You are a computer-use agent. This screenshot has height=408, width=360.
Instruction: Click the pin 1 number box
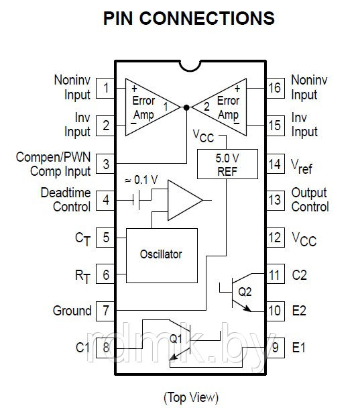coord(105,88)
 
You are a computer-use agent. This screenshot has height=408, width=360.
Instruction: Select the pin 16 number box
coord(276,88)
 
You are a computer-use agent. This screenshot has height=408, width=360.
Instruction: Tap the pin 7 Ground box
coord(105,311)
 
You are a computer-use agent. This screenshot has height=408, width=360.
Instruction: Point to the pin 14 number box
coord(276,164)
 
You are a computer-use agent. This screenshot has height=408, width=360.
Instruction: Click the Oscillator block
coord(162,256)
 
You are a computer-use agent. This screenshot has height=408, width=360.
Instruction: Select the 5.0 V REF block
coord(227,164)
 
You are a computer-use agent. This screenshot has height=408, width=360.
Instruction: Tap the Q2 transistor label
coord(245,292)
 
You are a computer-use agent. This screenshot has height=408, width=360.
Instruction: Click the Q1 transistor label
coord(176,338)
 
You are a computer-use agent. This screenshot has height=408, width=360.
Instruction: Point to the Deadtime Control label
coord(66,199)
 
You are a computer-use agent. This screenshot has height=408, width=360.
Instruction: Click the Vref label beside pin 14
coord(302,167)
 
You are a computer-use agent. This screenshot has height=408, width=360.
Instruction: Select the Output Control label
coord(310,199)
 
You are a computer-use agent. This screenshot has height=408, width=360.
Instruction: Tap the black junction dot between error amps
coord(186,107)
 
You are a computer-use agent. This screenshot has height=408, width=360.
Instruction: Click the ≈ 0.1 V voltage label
coord(141,180)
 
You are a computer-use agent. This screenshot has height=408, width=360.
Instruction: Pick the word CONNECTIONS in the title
coord(207,18)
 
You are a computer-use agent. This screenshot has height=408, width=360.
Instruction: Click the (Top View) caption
coord(191,397)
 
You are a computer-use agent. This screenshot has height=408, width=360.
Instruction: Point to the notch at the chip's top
coord(190,68)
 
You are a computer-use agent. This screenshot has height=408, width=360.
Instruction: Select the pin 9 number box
coord(276,348)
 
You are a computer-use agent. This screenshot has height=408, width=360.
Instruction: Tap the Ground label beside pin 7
coord(72,311)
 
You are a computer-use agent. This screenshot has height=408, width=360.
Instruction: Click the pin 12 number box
coord(276,238)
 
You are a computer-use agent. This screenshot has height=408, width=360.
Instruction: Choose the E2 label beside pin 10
coord(299,311)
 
